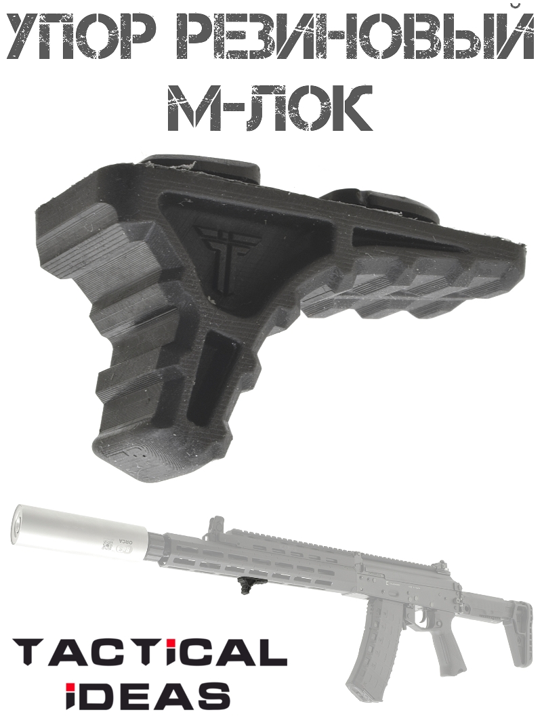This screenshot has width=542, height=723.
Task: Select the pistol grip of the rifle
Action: pos(448,647)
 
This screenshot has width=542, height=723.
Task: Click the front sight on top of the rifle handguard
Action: pos(217,525)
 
